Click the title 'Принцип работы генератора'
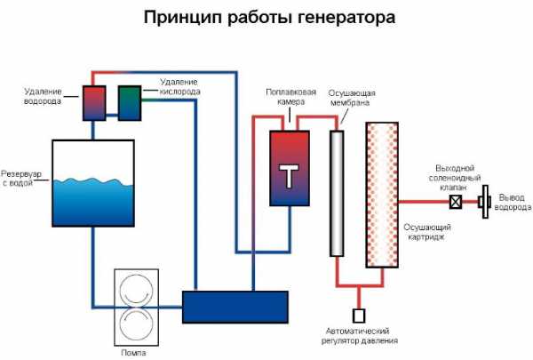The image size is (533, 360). tap(266, 17)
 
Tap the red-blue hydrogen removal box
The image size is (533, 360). tap(93, 102)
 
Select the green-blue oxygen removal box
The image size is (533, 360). tap(129, 101)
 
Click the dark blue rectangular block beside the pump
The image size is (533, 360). tap(235, 307)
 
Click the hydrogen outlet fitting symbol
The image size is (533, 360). tap(484, 202)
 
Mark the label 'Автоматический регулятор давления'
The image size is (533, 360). tap(360, 335)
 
